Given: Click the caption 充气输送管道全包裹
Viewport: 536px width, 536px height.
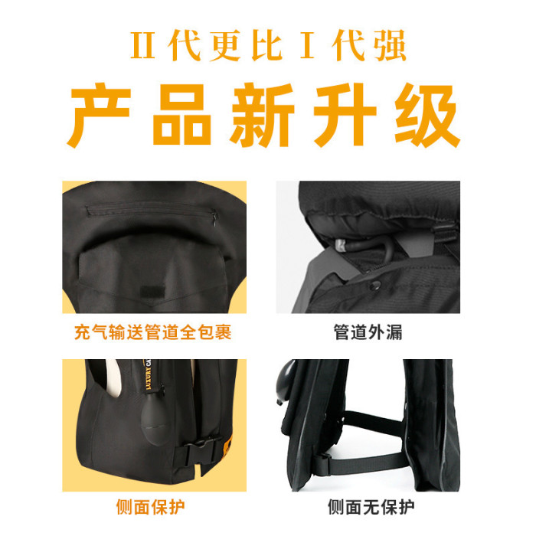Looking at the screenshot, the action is tap(153, 332).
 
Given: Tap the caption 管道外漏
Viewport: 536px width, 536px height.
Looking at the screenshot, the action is tap(368, 332).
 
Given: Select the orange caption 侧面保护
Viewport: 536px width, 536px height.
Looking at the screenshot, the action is tap(150, 507).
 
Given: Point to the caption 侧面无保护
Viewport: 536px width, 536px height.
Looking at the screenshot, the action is tap(371, 507).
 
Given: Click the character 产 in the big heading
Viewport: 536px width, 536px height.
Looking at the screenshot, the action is tap(100, 115).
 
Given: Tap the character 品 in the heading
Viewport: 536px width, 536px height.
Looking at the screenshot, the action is tap(182, 115).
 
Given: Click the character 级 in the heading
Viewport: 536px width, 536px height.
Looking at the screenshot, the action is tap(427, 115).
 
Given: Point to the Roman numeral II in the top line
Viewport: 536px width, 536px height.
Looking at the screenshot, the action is tap(143, 45).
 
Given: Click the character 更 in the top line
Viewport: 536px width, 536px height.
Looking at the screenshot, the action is tap(225, 45).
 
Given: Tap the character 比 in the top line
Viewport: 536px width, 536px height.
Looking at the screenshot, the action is tap(267, 45).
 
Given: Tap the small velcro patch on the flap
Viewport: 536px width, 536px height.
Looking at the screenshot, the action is tap(152, 290).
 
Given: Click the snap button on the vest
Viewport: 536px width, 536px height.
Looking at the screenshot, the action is tap(376, 284).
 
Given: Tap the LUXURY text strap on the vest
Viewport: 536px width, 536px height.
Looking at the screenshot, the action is tap(149, 374).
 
